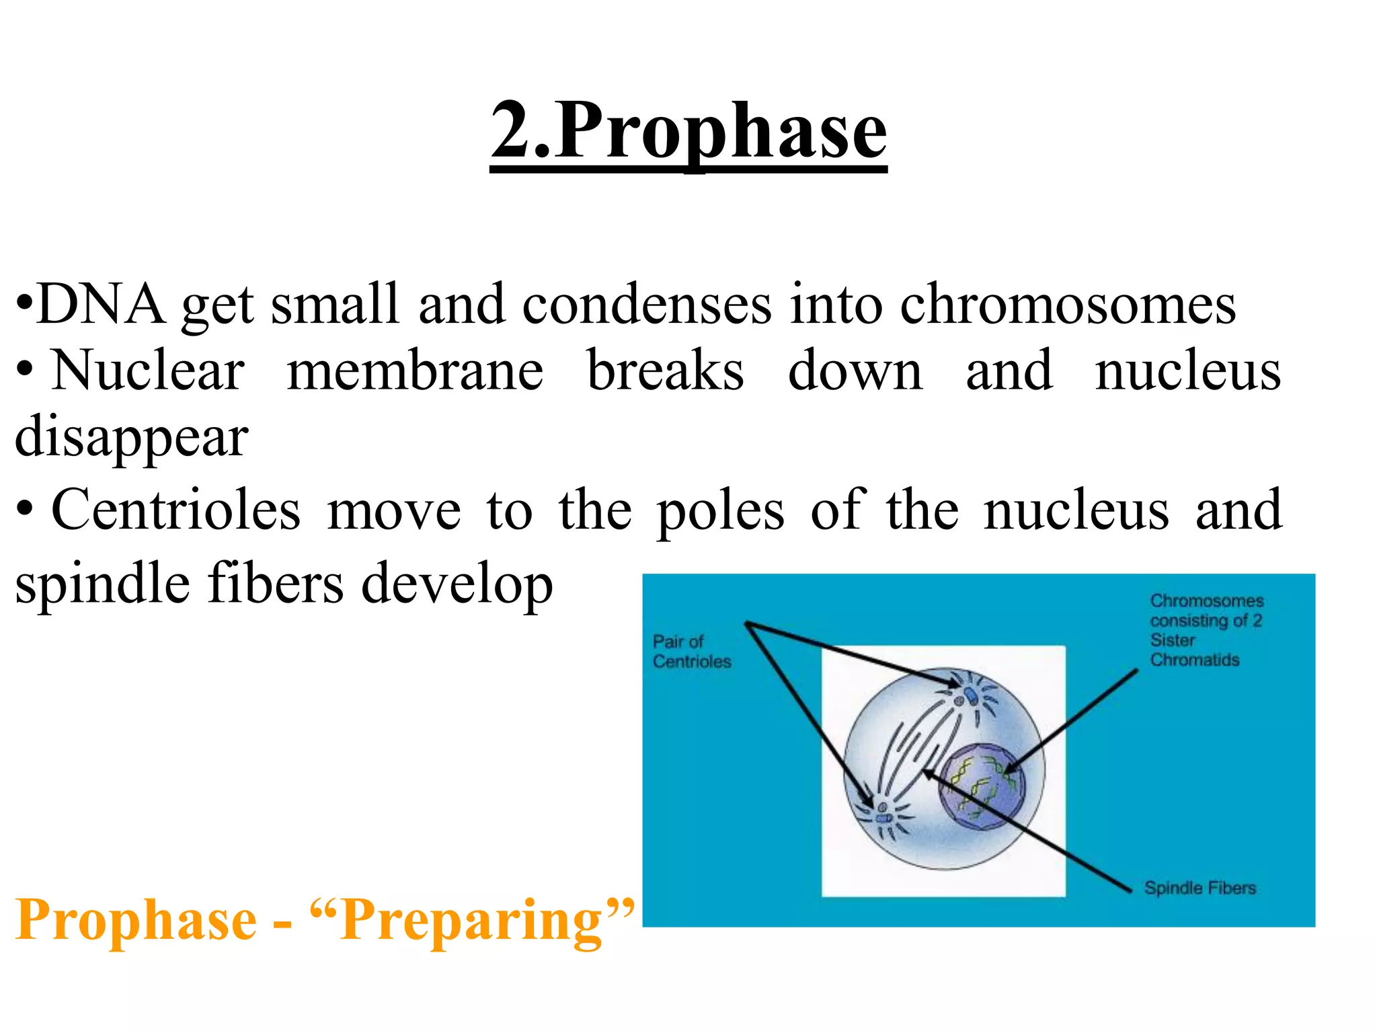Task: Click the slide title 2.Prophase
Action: click(688, 131)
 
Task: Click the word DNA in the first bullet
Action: click(101, 305)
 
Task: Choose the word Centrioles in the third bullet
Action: click(176, 510)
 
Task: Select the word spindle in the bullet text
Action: click(102, 582)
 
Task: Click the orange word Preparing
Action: click(471, 920)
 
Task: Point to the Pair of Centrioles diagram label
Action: click(691, 651)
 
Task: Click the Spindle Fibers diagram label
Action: click(1200, 888)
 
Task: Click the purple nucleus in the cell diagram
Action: click(982, 787)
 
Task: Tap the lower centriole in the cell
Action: click(882, 817)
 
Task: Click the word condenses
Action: click(647, 305)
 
